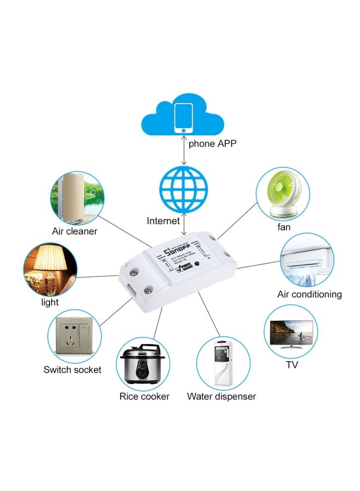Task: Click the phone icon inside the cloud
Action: click(x=183, y=117)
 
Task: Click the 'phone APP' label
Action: click(x=213, y=145)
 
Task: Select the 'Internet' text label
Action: click(x=163, y=221)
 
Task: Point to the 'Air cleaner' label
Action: click(x=75, y=231)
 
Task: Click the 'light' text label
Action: click(x=50, y=302)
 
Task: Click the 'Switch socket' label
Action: click(x=73, y=370)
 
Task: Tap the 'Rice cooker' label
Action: click(x=145, y=397)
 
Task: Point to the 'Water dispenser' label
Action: click(x=221, y=397)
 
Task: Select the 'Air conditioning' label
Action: click(x=309, y=295)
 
